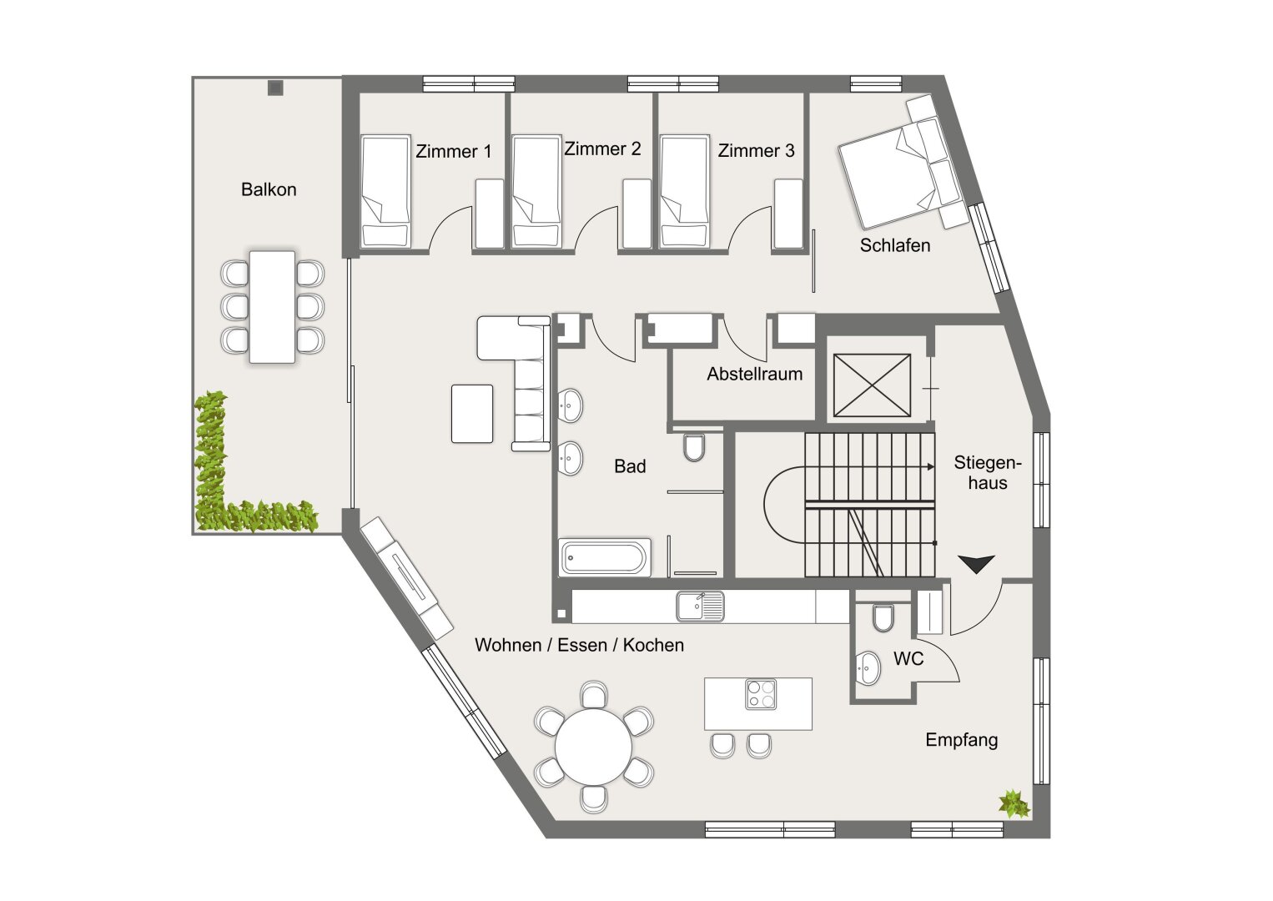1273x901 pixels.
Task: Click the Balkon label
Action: tap(269, 189)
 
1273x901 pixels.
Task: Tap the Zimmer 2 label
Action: tap(602, 148)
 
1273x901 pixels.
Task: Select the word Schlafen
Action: tap(895, 245)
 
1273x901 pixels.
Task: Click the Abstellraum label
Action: tap(754, 374)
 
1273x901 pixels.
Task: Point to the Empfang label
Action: tap(961, 740)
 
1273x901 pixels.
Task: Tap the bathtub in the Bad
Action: tap(605, 556)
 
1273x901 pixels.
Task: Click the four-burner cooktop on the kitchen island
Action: tap(760, 694)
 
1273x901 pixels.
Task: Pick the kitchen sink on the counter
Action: tap(700, 606)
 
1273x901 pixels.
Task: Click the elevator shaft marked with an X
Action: tap(872, 385)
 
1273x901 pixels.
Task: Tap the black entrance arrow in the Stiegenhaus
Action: tap(976, 564)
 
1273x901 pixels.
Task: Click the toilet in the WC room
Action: tap(883, 617)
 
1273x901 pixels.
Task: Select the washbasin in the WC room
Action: tap(868, 669)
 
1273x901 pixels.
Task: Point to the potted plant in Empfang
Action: tap(1014, 803)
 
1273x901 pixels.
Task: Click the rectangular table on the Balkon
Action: tap(272, 306)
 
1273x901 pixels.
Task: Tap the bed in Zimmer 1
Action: tap(385, 192)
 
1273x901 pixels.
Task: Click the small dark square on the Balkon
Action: tap(275, 87)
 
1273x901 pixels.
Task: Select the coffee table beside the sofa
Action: tap(472, 413)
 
